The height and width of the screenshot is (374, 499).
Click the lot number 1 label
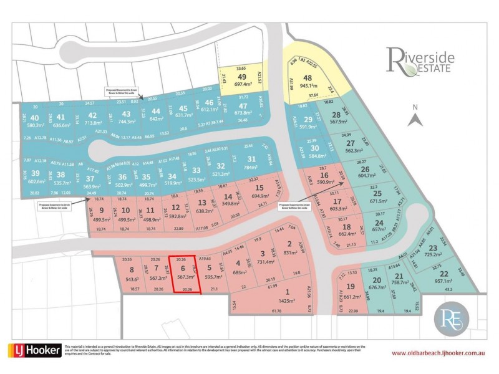[287, 292]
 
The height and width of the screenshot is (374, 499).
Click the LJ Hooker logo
[34, 350]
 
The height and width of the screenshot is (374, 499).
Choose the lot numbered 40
[34, 120]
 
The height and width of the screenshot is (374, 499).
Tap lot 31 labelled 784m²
[251, 163]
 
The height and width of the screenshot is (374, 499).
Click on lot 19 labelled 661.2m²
[351, 291]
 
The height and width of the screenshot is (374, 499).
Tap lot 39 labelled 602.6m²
[37, 177]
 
